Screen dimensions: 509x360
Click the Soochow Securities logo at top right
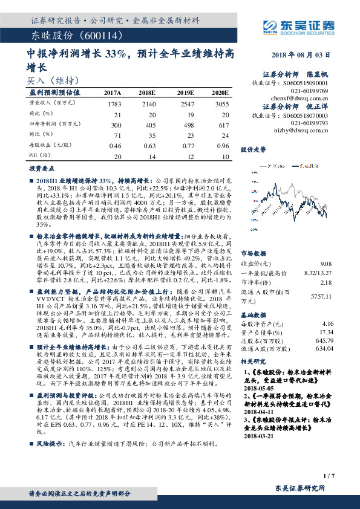coord(298,27)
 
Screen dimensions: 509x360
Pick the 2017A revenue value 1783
coord(114,105)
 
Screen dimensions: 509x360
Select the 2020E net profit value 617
coord(223,124)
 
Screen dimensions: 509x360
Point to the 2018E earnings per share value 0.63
coord(149,145)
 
